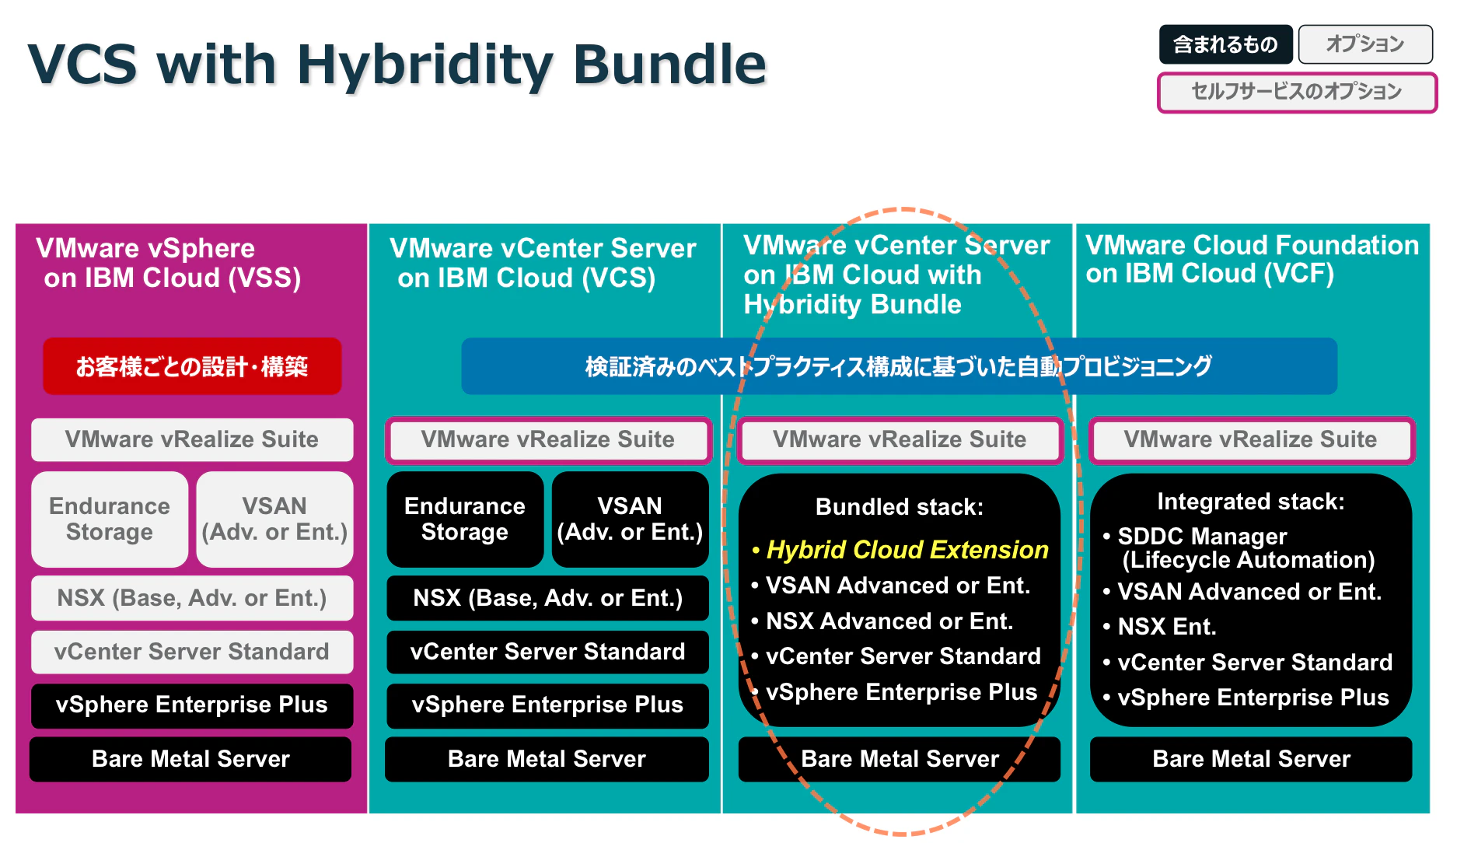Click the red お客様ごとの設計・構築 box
[x=192, y=366]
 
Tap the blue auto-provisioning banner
[x=899, y=366]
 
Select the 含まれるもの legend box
[x=1225, y=44]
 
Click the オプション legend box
[x=1365, y=44]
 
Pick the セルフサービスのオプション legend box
[x=1297, y=92]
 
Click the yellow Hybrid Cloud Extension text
[x=907, y=550]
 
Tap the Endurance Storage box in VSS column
[x=110, y=519]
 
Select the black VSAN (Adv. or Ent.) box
[x=630, y=519]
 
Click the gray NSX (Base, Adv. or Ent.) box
[x=192, y=598]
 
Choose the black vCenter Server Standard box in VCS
[x=547, y=652]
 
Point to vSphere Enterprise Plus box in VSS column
[x=192, y=705]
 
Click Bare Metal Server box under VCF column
[x=1251, y=759]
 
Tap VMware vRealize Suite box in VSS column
[x=192, y=439]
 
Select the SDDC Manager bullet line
[x=1239, y=547]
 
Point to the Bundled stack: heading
[x=900, y=507]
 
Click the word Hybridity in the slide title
[x=425, y=65]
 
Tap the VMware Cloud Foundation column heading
[x=1252, y=259]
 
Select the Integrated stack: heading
[x=1251, y=502]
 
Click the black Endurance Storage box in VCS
[x=465, y=519]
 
